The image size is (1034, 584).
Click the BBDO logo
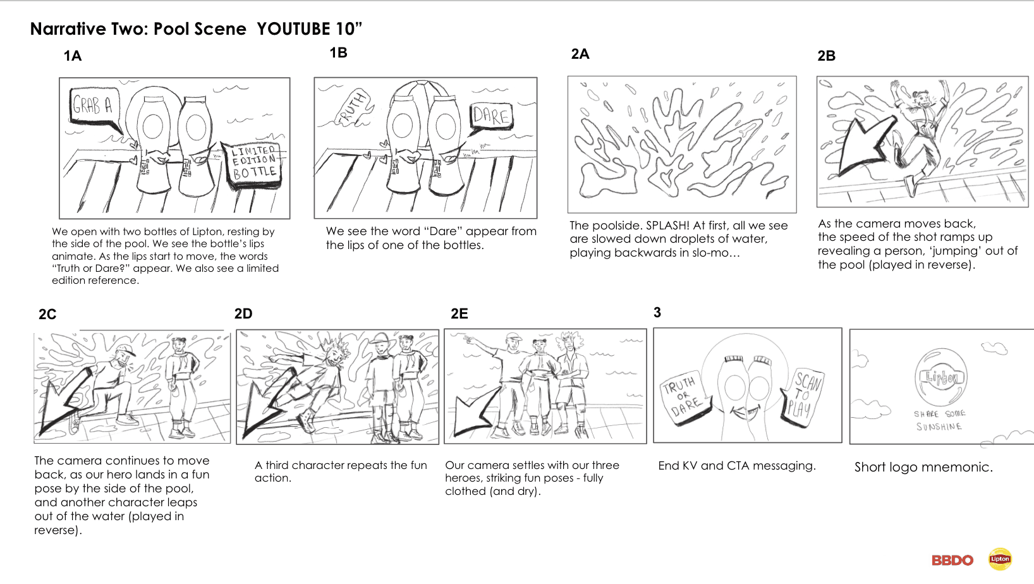point(952,560)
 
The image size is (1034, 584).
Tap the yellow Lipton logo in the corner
point(1000,559)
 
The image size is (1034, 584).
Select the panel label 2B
point(826,56)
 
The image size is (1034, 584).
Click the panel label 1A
point(73,56)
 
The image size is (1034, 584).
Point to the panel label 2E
point(459,313)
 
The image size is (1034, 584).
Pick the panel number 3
point(657,312)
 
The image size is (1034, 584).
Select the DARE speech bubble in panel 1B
point(490,116)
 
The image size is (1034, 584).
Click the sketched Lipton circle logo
point(941,378)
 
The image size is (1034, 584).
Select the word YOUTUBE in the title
point(293,29)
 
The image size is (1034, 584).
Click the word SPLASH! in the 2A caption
point(667,226)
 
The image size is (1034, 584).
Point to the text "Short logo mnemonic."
point(923,467)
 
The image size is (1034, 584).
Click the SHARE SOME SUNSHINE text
point(939,420)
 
